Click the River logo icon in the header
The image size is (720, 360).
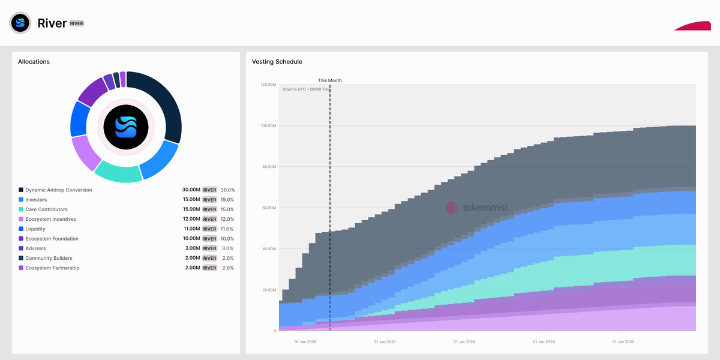20,23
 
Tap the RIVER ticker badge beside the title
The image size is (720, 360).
77,23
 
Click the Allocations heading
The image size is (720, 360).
34,62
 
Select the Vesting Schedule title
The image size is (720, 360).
277,62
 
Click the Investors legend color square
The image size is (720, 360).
21,200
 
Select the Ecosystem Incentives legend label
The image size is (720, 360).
50,219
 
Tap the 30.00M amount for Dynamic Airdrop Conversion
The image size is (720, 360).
191,190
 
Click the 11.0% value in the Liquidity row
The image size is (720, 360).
227,229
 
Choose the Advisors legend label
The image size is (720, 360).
35,248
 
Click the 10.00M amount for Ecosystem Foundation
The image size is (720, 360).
191,239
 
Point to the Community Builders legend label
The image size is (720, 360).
49,258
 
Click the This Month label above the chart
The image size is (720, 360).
329,80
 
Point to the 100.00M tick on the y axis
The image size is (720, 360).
267,125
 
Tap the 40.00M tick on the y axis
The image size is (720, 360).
268,249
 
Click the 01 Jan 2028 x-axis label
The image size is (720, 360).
464,342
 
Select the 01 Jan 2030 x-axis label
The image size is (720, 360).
623,342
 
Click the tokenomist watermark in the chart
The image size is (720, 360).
477,208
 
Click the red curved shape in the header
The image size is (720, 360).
693,26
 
